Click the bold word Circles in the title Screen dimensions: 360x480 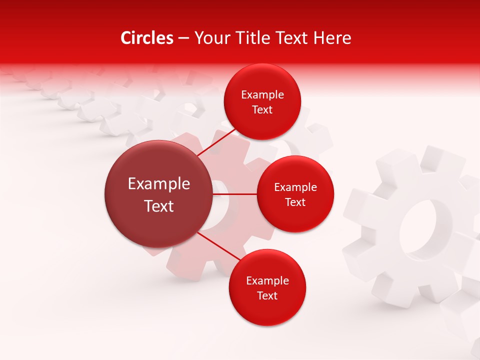tap(147, 38)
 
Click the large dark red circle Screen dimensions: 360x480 tap(158, 194)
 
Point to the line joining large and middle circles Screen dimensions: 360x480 tap(235, 194)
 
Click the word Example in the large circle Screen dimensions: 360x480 tap(159, 184)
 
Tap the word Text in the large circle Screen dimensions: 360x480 tap(159, 206)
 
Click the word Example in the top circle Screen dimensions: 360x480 tap(262, 95)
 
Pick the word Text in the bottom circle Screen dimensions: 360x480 tap(267, 295)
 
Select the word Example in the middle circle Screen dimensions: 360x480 tap(295, 187)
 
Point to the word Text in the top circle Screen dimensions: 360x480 tap(262, 110)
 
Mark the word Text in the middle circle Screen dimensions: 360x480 tap(295, 202)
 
